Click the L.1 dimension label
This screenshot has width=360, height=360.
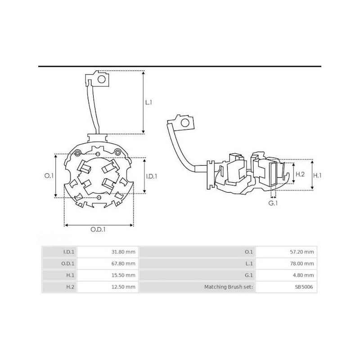149,103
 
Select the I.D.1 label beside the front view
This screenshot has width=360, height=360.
152,176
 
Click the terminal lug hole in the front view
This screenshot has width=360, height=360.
102,80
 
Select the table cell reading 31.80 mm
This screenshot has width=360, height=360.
126,252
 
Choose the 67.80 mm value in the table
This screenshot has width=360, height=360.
126,264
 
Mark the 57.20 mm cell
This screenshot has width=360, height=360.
305,252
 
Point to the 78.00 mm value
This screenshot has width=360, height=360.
305,264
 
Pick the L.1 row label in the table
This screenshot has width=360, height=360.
248,264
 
